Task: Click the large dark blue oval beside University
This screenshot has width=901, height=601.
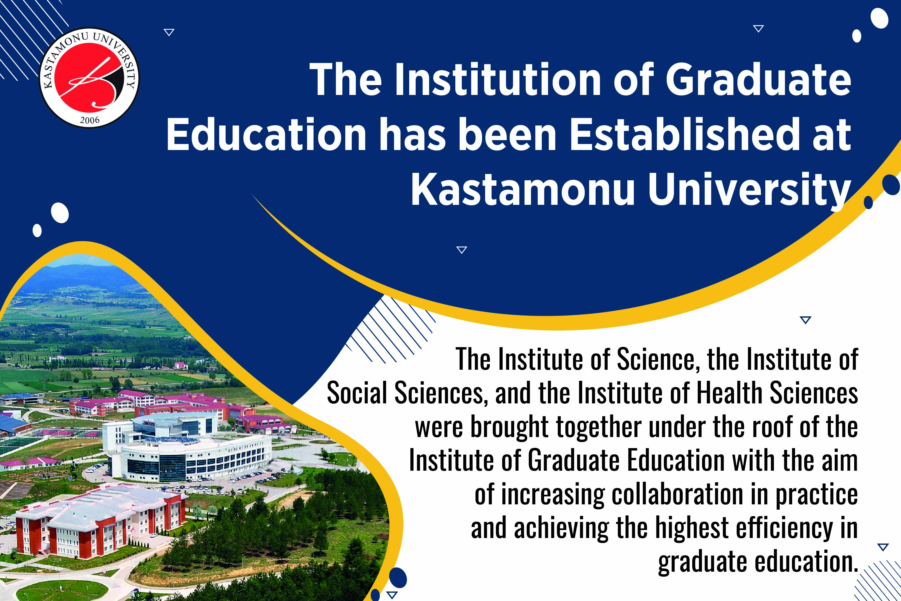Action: [891, 186]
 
